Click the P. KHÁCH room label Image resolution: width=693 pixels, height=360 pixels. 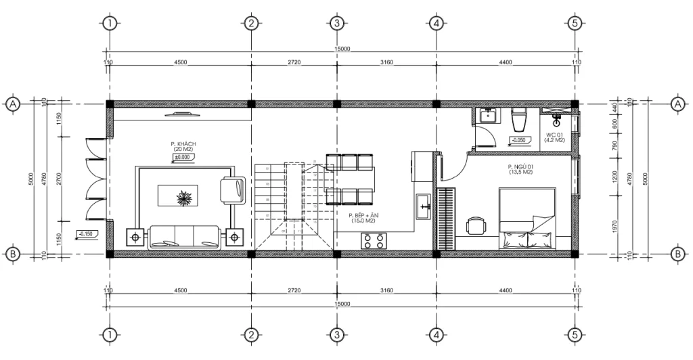[183, 145]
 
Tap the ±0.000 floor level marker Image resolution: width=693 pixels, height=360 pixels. [184, 157]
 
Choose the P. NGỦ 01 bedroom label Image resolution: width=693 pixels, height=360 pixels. [521, 169]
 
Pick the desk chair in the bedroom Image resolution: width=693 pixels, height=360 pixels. [477, 225]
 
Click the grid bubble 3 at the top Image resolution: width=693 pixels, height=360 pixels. [336, 23]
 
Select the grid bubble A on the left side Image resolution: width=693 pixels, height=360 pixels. [12, 104]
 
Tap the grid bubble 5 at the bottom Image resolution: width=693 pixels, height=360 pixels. [575, 335]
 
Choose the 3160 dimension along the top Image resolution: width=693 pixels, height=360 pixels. [386, 62]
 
